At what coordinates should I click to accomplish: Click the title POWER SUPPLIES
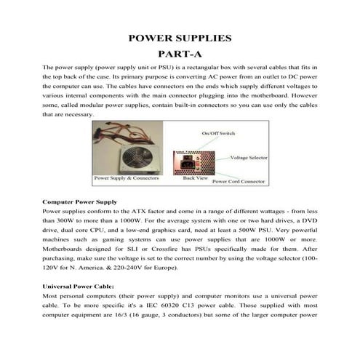click(x=179, y=36)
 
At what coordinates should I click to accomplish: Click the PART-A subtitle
click(x=179, y=52)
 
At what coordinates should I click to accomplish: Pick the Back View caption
click(x=195, y=177)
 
